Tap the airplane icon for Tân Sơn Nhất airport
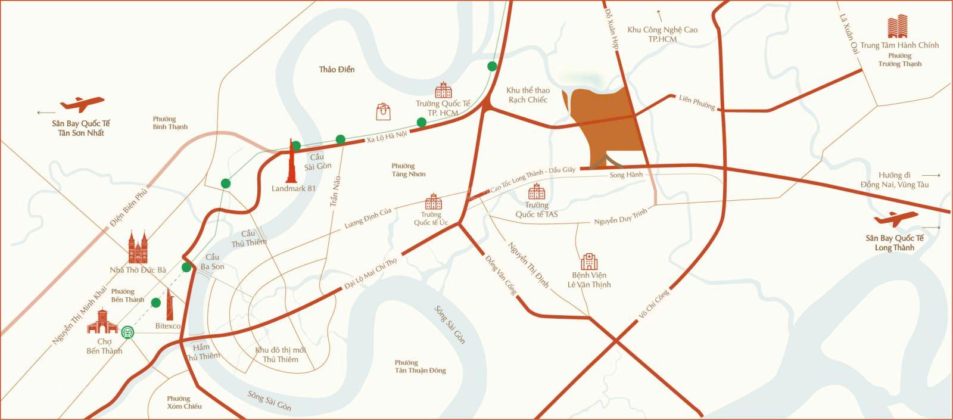pos(82,105)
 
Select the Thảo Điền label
pos(337,70)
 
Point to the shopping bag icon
pos(384,111)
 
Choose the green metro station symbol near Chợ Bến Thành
pos(128,332)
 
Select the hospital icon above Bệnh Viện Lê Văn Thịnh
pos(589,262)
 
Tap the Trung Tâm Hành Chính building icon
pos(899,27)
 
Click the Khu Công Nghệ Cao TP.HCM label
pos(662,34)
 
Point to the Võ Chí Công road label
pos(653,306)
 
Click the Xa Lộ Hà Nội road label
pos(387,136)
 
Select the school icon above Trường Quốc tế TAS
pos(537,192)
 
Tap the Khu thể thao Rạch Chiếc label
pos(528,95)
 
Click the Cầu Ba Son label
pos(213,262)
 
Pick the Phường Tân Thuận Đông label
pos(420,366)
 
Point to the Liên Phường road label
pos(697,102)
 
